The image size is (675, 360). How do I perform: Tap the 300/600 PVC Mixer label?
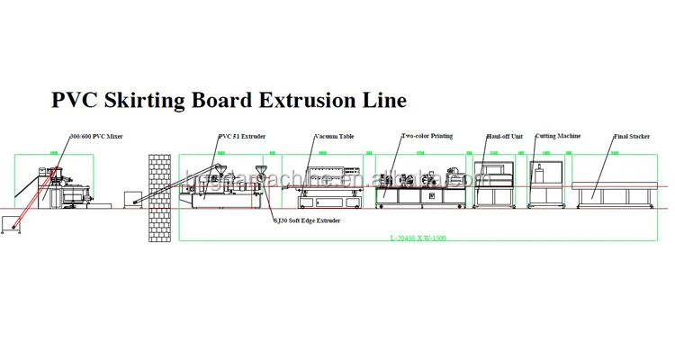(x=96, y=137)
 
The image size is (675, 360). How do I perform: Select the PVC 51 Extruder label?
(x=242, y=137)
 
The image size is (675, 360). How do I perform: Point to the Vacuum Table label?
(x=334, y=137)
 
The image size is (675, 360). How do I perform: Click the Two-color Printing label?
(x=427, y=137)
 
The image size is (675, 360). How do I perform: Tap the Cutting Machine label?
(x=558, y=137)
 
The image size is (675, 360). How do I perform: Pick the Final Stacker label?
(x=632, y=137)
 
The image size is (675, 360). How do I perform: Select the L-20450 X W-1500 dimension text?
(x=418, y=238)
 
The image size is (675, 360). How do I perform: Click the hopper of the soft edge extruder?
(x=260, y=174)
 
